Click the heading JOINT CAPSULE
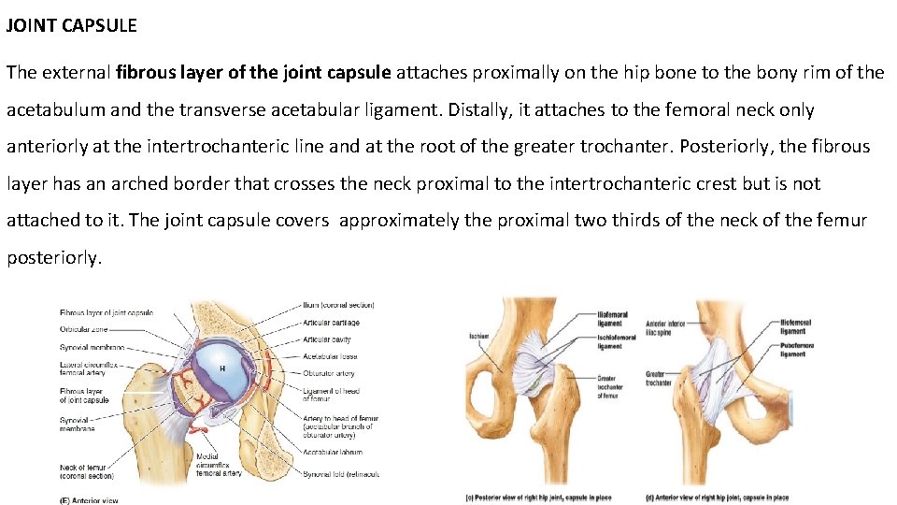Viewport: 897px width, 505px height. [71, 26]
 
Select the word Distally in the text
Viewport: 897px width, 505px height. [479, 110]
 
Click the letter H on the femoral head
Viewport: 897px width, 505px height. [222, 368]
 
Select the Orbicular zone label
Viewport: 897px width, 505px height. [83, 329]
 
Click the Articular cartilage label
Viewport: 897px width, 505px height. [331, 323]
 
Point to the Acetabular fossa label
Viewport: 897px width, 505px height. [329, 356]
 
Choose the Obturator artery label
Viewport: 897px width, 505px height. [328, 373]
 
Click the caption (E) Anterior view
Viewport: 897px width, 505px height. [89, 500]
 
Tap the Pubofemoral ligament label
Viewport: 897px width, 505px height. [794, 349]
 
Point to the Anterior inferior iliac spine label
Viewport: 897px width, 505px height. [665, 328]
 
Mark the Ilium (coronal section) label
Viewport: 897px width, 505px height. [338, 305]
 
